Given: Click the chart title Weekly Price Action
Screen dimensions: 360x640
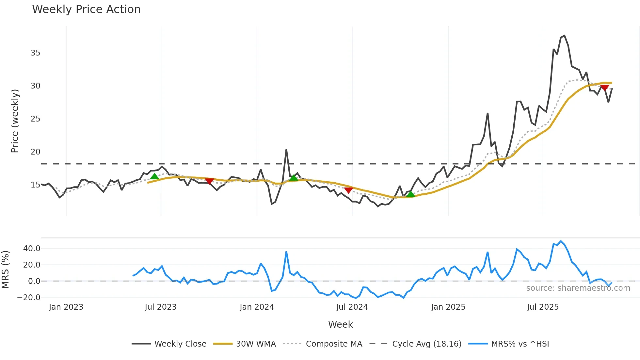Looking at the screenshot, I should click(86, 9).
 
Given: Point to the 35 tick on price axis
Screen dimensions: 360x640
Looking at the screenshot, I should click(35, 53).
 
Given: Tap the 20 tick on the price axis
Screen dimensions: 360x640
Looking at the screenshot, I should click(35, 152).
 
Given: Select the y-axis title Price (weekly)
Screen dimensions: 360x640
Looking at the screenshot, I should click(15, 121).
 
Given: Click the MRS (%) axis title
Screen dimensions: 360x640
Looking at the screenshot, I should click(5, 270).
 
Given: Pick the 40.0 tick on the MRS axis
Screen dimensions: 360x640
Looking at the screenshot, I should click(32, 249).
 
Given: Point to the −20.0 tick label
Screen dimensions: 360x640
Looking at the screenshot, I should click(29, 298).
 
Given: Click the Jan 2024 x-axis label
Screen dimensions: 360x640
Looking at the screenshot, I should click(257, 307).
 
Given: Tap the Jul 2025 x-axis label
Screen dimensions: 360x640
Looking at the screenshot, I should click(543, 307).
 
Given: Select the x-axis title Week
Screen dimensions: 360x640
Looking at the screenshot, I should click(340, 324).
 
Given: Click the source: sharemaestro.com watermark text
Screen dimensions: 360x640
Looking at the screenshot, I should click(578, 288).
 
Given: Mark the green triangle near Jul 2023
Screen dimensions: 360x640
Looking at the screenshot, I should click(154, 176).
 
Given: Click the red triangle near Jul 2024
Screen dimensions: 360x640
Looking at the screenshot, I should click(348, 190).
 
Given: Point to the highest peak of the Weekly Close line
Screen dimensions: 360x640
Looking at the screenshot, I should click(565, 36).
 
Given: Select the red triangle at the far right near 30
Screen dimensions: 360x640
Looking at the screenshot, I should click(604, 88).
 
